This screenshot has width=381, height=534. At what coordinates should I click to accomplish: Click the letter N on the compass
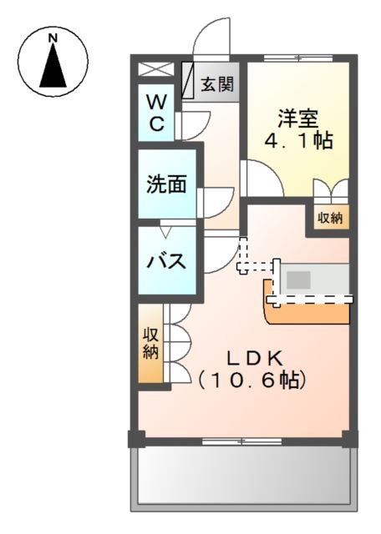pos(53,38)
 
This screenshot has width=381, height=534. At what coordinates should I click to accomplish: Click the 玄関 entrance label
pos(217,83)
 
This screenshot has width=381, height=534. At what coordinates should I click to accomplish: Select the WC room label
pos(156,113)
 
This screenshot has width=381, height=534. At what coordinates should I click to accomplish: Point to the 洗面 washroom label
pos(166,184)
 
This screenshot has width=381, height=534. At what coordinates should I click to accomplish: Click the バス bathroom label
pos(166,261)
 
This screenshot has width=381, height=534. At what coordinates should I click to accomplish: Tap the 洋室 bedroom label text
pos(298,118)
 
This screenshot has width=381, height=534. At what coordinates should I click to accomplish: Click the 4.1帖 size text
pos(298,141)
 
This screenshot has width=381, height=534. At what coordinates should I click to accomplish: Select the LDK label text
pos(256,359)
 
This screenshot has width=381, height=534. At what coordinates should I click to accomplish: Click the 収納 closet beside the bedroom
pos(331,217)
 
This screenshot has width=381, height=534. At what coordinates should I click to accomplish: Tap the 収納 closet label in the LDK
pos(150,343)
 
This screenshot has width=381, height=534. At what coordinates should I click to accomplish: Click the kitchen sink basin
pos(298,280)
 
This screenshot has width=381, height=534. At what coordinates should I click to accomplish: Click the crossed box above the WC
pos(156,69)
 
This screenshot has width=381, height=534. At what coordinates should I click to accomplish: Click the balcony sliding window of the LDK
pos(241,441)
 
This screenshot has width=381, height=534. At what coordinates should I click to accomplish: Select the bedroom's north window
pos(298,58)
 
